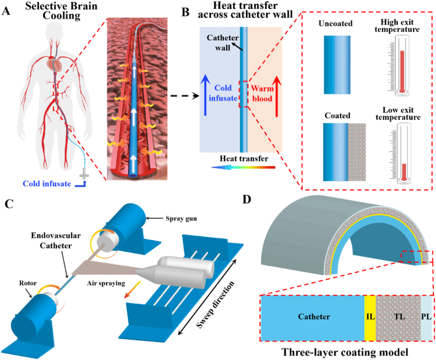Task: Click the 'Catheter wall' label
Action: [221, 41]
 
